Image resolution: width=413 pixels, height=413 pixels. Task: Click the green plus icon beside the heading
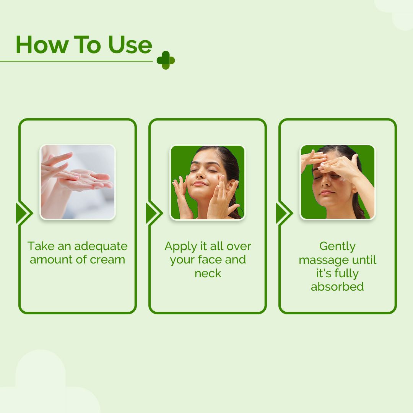click(166, 60)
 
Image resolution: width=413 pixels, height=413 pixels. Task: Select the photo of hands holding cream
click(78, 182)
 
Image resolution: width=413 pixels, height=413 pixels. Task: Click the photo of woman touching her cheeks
click(208, 182)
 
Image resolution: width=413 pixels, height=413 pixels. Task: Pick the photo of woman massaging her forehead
click(338, 182)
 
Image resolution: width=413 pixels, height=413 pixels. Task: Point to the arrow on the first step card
click(24, 213)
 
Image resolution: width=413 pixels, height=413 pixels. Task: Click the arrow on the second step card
click(154, 213)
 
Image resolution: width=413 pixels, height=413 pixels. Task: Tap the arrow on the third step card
click(284, 213)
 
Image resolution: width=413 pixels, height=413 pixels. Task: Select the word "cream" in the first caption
click(107, 260)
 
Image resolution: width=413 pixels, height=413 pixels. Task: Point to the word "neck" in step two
click(208, 273)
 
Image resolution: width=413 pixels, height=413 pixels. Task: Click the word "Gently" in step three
click(338, 247)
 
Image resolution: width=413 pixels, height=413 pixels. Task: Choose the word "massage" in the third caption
click(324, 260)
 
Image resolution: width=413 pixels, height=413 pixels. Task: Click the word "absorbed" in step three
click(338, 287)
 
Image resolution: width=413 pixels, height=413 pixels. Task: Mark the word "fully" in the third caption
click(346, 274)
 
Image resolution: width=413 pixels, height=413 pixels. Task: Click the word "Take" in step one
click(39, 246)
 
